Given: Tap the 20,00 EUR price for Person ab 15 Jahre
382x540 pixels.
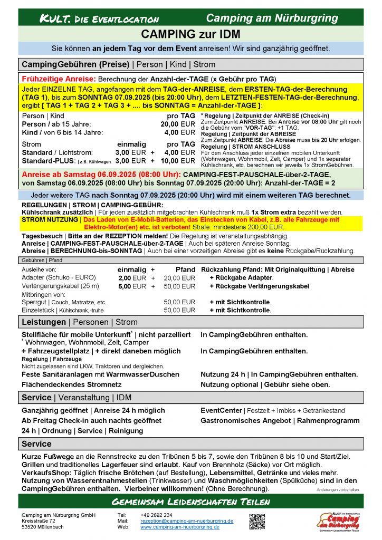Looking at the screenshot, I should click(178, 124).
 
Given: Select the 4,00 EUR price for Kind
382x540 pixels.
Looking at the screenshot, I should click(179, 132).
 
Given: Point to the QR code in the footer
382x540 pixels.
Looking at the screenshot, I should click(257, 521).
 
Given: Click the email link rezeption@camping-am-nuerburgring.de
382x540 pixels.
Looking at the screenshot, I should click(187, 520).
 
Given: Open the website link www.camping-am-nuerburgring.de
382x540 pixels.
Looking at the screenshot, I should click(179, 527).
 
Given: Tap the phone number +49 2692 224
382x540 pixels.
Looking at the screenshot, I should click(156, 515).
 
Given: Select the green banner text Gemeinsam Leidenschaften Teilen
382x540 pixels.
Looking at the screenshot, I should click(190, 502).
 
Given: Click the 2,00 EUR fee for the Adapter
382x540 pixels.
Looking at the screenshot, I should click(131, 278).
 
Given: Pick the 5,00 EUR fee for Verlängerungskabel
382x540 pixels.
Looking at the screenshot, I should click(131, 286).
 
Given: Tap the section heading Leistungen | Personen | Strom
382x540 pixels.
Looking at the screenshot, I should click(79, 322).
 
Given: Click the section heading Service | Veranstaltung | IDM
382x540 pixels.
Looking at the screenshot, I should click(77, 397).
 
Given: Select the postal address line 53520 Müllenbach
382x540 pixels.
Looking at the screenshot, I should click(44, 527).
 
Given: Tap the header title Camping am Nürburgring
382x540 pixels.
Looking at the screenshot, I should click(272, 18).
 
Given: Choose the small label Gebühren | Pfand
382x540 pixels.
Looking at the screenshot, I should click(42, 260).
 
